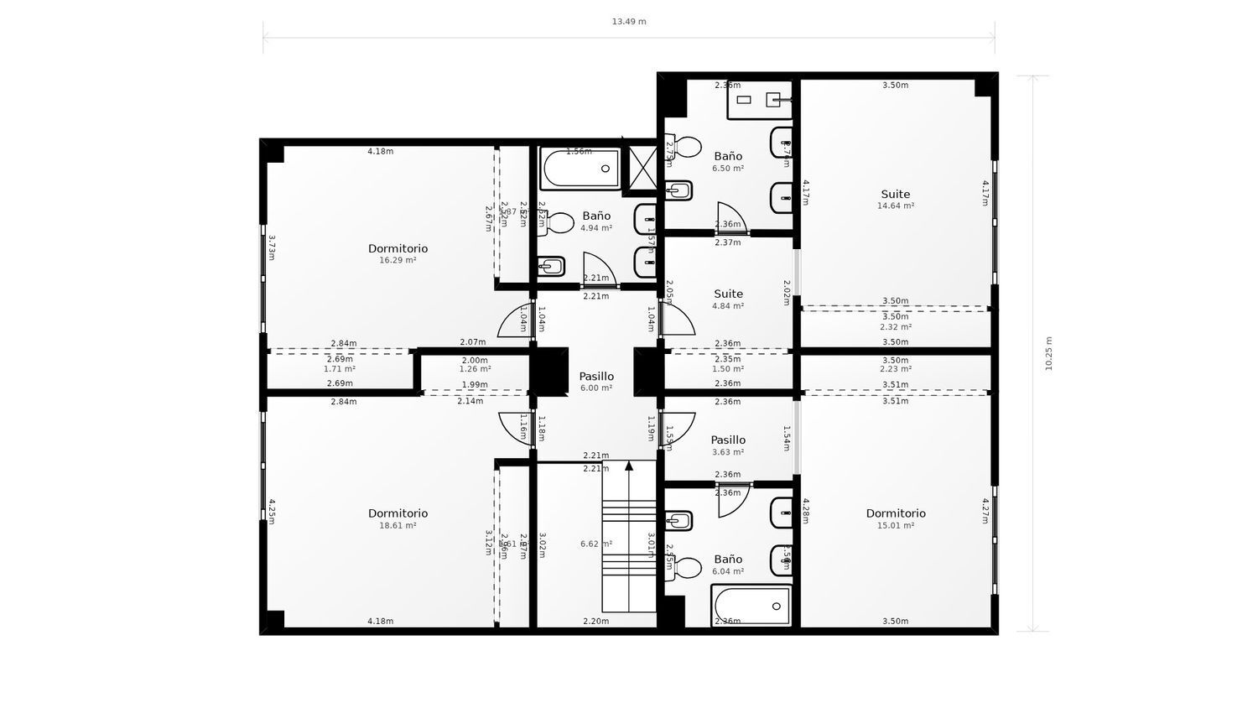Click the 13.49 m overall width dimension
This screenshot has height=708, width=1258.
tap(628, 22)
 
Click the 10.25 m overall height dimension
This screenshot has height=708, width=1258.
tap(1048, 353)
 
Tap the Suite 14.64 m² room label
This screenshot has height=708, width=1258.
tap(895, 199)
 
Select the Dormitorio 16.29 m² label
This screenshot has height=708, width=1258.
tap(398, 253)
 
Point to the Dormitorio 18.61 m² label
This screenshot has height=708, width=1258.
tap(398, 518)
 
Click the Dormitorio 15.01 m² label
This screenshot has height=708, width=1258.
tap(895, 518)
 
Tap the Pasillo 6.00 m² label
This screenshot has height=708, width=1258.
tap(595, 382)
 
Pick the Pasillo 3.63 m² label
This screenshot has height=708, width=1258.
tap(727, 445)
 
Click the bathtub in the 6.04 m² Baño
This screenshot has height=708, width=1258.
tap(751, 606)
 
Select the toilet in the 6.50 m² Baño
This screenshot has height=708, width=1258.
tap(685, 148)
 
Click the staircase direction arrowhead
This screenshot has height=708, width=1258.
tap(629, 466)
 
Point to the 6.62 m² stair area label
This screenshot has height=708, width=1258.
tap(595, 544)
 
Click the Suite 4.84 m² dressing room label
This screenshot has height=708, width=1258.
tap(727, 299)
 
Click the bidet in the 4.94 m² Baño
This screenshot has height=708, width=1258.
tap(551, 268)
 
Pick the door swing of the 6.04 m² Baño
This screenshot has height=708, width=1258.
tap(730, 501)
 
